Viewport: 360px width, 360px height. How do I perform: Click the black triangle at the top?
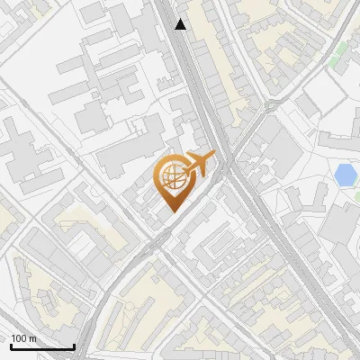coord(182,24)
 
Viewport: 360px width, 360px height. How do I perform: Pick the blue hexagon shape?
coord(345,175)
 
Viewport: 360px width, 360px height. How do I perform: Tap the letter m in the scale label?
coord(33,338)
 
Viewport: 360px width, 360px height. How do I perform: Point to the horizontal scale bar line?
coord(42,346)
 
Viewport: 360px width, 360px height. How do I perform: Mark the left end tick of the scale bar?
coord(11,345)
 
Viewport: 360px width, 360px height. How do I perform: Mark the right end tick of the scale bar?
coord(74,345)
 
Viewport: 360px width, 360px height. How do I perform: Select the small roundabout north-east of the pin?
coord(270,106)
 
